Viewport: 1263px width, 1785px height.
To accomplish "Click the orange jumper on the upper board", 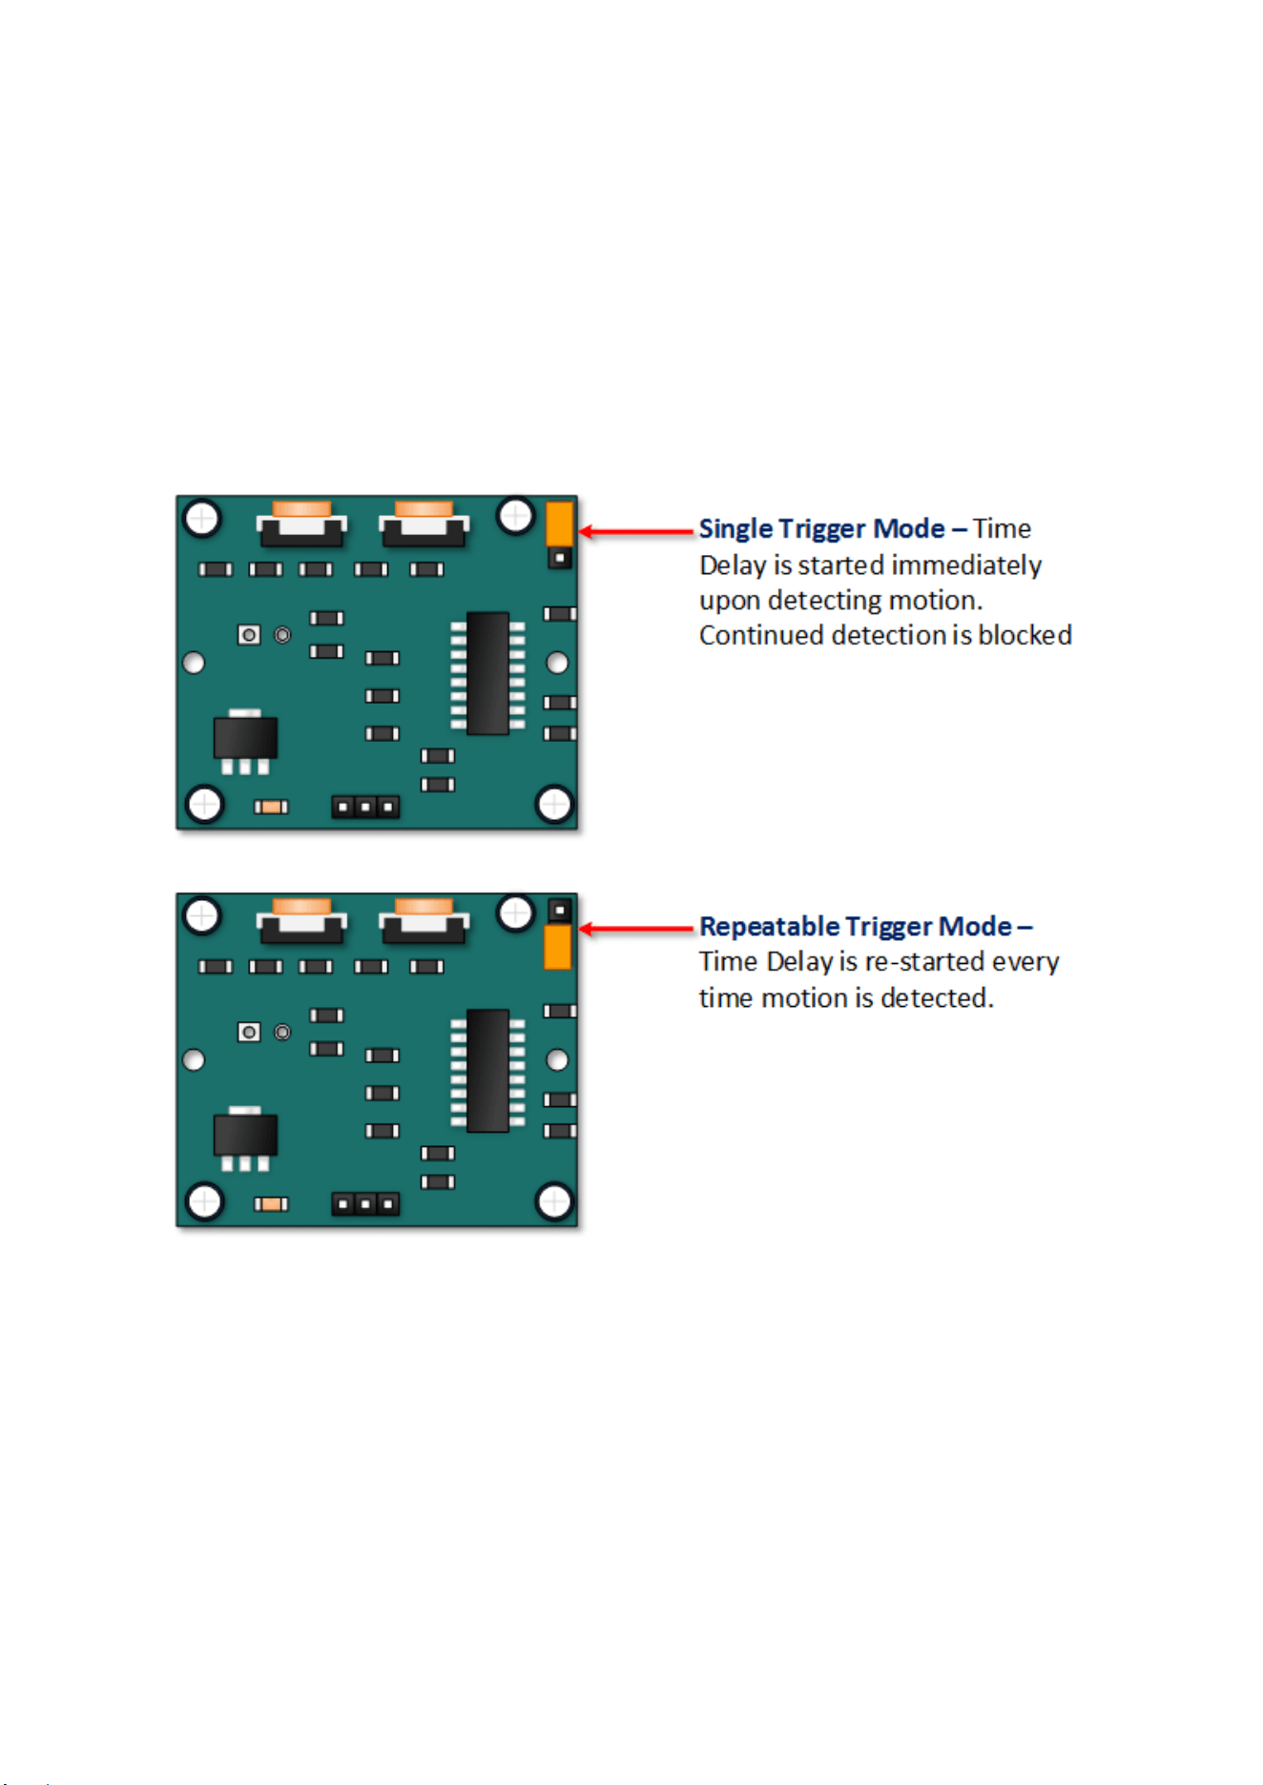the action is (559, 523).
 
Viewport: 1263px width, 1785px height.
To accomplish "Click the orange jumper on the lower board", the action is (557, 947).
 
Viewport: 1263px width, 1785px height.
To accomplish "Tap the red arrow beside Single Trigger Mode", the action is (636, 531).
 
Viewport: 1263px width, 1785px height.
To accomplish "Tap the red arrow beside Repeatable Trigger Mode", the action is (636, 929).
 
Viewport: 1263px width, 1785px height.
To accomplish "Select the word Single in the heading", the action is (735, 529).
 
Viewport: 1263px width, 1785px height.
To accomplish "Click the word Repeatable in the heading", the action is (769, 927).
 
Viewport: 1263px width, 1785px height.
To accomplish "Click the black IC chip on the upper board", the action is (487, 673).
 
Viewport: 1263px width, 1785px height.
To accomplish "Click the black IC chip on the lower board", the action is (487, 1071).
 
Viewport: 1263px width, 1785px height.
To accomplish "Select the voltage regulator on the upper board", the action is (245, 741).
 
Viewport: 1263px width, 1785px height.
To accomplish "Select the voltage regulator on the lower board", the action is (245, 1139).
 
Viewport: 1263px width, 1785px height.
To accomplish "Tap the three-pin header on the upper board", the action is (365, 808).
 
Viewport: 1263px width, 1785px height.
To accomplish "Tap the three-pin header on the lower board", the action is (365, 1205).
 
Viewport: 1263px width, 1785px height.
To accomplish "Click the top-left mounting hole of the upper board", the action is (202, 519).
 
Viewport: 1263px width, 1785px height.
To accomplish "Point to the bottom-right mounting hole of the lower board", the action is (554, 1201).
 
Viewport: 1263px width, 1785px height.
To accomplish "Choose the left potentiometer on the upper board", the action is (301, 523).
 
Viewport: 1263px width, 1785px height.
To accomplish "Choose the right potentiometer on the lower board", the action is (424, 921).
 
